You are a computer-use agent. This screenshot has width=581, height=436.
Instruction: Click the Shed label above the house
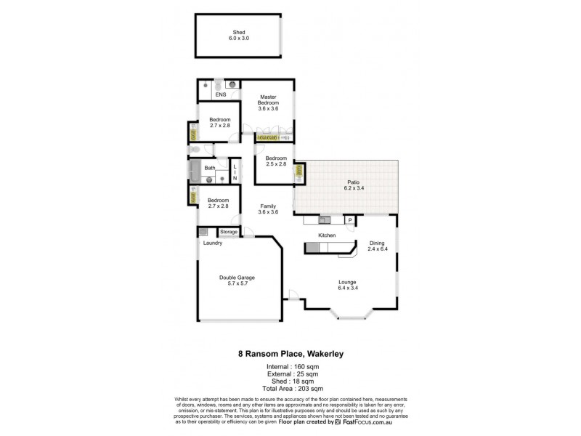pos(238,32)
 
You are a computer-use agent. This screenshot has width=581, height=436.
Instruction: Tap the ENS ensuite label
pos(220,94)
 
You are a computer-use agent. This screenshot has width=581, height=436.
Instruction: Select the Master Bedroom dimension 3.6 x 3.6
pos(268,109)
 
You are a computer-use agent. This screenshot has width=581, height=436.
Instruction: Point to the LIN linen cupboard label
pos(235,173)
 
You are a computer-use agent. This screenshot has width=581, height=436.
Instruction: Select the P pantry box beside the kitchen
pos(349,220)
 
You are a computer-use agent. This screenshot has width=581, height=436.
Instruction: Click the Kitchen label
pos(327,236)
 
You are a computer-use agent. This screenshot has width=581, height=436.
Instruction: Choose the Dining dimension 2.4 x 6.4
pos(377,249)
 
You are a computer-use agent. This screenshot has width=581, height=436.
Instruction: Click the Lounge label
pos(347,282)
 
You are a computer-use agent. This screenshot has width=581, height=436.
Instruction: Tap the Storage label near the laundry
pos(229,232)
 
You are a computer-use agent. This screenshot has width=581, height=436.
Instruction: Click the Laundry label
pos(213,243)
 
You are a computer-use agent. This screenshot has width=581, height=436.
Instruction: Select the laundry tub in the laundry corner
pos(203,232)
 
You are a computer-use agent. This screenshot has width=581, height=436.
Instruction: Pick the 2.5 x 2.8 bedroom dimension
pos(276,165)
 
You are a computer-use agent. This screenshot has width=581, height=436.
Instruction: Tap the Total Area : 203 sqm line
pos(290,387)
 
